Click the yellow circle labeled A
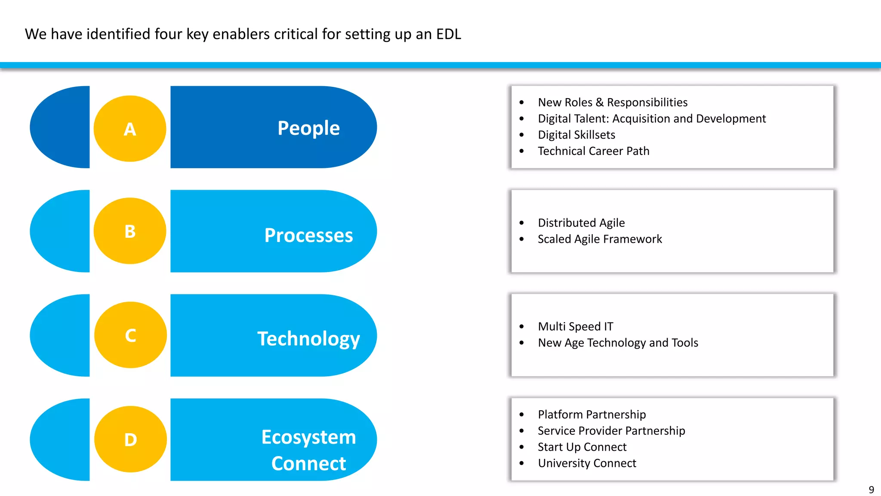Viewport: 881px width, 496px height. point(130,129)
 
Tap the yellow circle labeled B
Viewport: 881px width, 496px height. point(130,231)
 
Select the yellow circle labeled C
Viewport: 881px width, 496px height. point(130,335)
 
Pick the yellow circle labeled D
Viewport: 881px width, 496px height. point(130,439)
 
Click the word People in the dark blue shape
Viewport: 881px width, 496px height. point(308,128)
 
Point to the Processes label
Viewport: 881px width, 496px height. point(308,236)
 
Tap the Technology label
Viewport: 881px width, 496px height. point(308,339)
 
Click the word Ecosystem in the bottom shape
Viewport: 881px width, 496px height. point(308,437)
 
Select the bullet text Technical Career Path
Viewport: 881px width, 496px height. point(593,151)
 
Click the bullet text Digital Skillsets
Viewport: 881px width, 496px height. point(576,135)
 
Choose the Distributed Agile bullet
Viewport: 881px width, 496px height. point(581,223)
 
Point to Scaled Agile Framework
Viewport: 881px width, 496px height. point(600,239)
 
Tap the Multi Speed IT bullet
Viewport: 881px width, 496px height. point(575,326)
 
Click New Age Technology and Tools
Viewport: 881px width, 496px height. point(618,343)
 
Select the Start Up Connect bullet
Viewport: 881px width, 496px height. point(582,447)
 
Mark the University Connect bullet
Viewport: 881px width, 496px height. point(587,463)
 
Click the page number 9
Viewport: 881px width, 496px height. point(871,490)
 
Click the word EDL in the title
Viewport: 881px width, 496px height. point(448,34)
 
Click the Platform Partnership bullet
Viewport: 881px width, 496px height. point(591,414)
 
